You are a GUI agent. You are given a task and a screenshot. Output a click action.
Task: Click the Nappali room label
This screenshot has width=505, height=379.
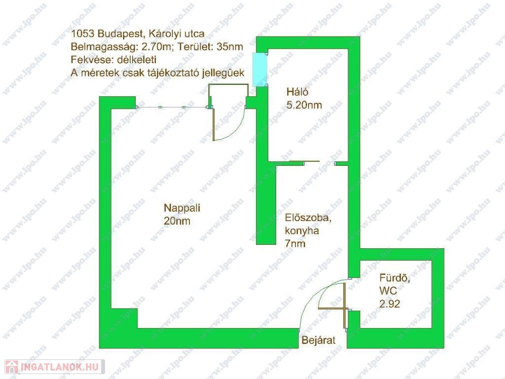(182, 208)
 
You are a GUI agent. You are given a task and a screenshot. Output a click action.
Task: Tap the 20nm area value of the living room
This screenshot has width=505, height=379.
(177, 221)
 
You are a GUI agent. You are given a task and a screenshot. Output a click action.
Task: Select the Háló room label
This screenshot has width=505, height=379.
(297, 92)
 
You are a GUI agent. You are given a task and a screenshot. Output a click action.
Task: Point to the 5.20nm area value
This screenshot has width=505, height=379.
(304, 105)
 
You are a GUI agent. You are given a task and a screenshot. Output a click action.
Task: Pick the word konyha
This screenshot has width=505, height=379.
(302, 231)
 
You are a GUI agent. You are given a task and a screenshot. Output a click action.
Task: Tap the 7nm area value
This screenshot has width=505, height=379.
(295, 244)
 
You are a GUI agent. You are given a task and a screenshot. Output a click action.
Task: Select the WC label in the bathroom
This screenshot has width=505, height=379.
(388, 291)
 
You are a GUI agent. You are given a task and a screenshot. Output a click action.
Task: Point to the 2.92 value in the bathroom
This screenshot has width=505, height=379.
(390, 304)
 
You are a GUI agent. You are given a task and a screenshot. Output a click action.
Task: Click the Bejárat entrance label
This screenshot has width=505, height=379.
(319, 341)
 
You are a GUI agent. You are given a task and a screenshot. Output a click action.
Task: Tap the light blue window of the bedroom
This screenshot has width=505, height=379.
(260, 69)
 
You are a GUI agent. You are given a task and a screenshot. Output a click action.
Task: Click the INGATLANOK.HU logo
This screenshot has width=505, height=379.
(55, 367)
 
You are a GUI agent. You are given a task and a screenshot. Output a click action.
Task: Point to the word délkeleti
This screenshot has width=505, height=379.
(137, 60)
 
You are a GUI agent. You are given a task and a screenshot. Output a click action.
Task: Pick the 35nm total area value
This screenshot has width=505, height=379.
(230, 47)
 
